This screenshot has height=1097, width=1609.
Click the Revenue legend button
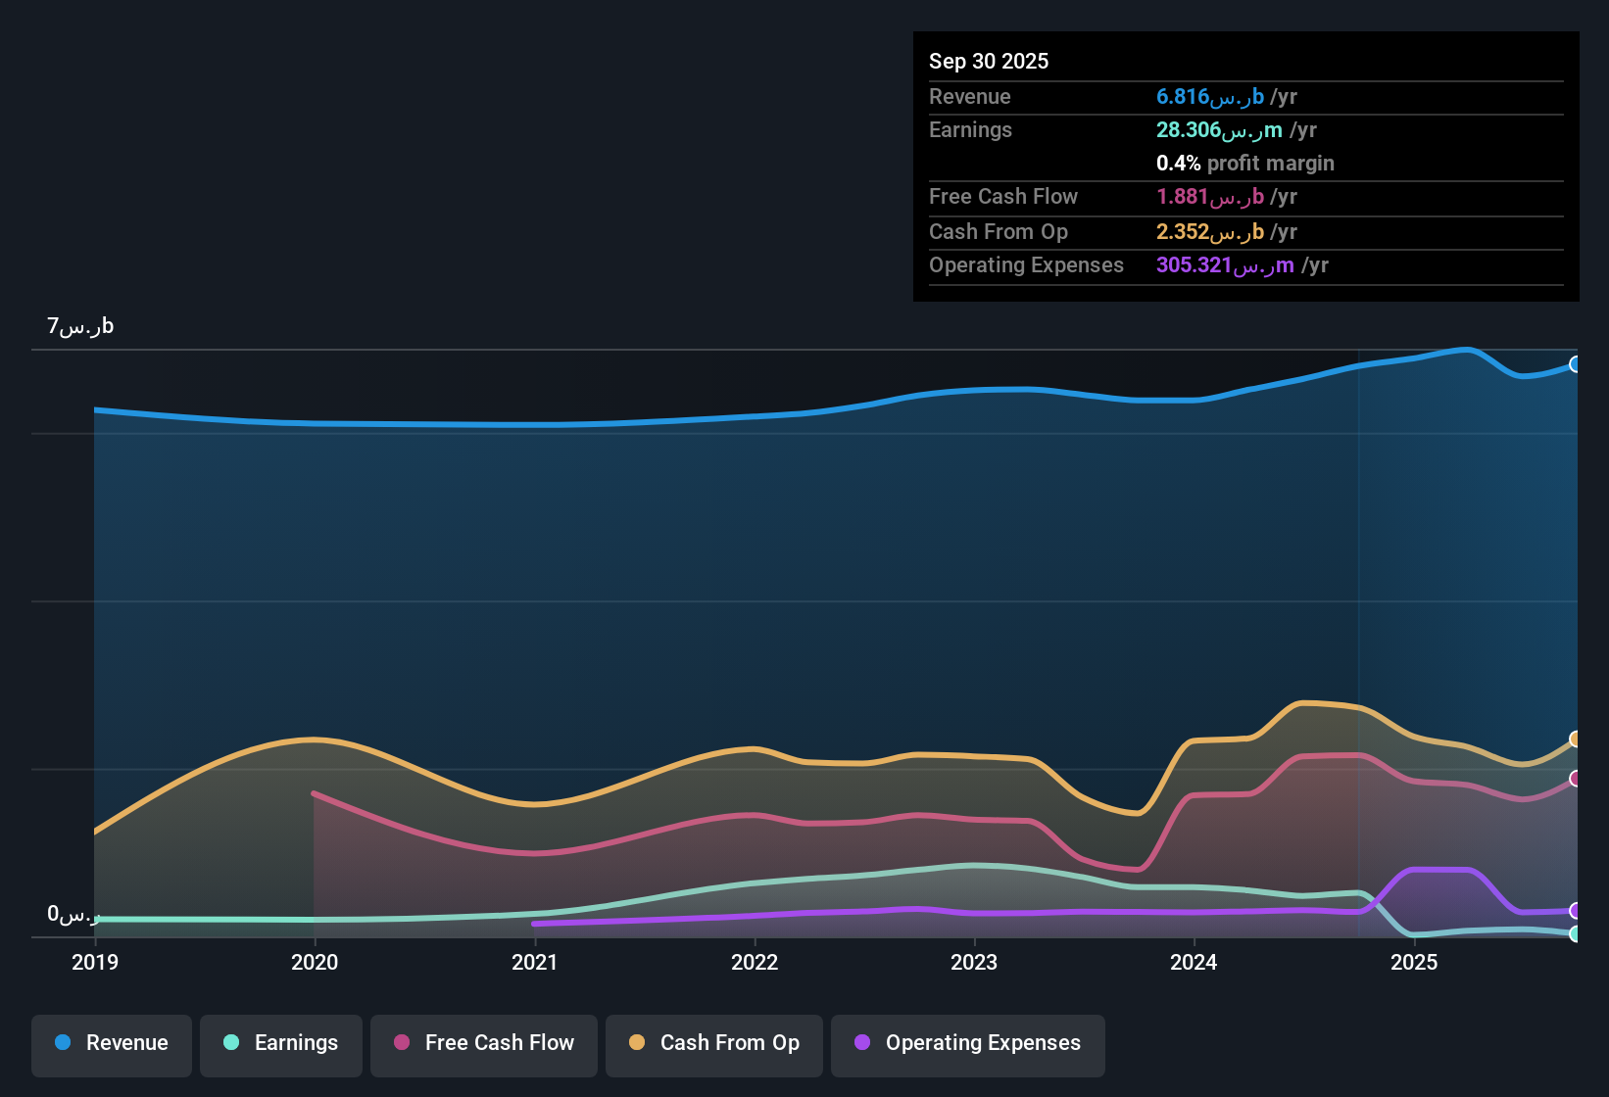click(112, 1043)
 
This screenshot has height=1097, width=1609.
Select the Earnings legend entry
click(281, 1043)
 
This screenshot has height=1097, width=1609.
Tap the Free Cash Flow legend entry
click(484, 1043)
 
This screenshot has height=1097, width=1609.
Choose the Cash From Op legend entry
click(714, 1043)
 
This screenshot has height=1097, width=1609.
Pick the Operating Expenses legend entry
click(967, 1043)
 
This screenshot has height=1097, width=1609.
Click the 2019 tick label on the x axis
click(95, 962)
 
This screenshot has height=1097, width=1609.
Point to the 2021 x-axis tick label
click(534, 962)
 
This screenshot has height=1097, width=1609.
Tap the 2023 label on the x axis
click(974, 962)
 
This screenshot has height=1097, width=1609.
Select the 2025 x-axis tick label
click(1414, 962)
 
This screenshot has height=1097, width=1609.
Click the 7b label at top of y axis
click(80, 326)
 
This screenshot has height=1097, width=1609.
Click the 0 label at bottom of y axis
click(73, 914)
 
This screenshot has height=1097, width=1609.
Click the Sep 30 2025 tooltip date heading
click(989, 61)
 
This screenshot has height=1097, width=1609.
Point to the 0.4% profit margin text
click(1244, 164)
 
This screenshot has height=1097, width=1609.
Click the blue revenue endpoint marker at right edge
click(1576, 364)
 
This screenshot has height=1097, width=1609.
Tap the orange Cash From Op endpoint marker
click(1576, 739)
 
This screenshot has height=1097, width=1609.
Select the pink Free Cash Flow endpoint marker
click(1576, 779)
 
